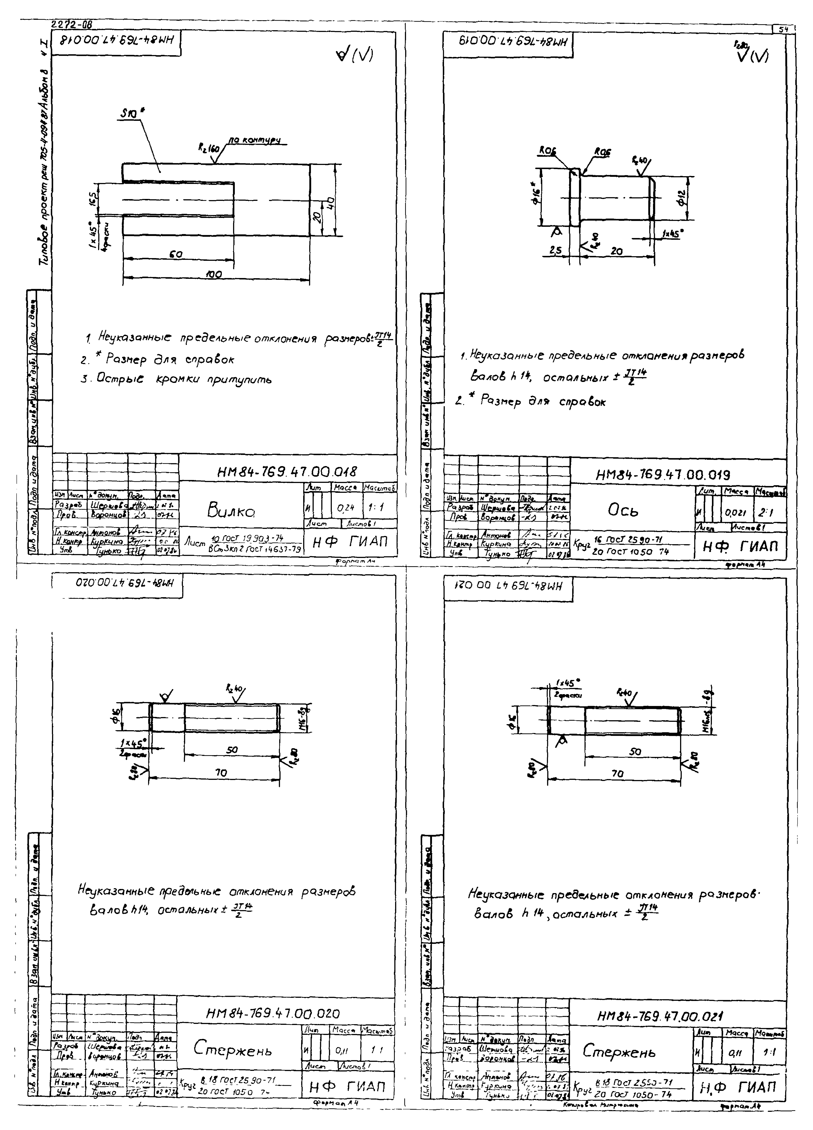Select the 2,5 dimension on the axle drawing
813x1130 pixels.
click(x=555, y=251)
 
